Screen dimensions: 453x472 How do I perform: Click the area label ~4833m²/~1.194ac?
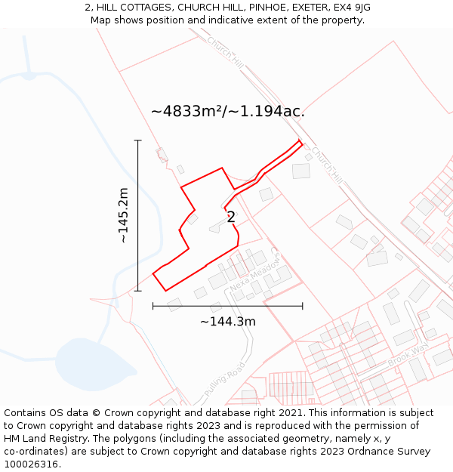tap(227, 111)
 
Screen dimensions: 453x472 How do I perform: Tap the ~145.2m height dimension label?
tap(123, 215)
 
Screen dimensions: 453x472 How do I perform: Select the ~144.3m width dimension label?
tap(227, 322)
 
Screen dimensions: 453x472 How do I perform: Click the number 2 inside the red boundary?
tap(231, 217)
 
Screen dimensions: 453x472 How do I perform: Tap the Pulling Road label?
tap(224, 382)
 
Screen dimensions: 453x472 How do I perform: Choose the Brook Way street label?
tap(408, 353)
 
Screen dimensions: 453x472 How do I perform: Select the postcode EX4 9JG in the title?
tap(350, 8)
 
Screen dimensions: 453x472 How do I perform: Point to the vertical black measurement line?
tap(138, 215)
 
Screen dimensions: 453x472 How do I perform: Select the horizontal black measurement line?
tap(227, 306)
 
